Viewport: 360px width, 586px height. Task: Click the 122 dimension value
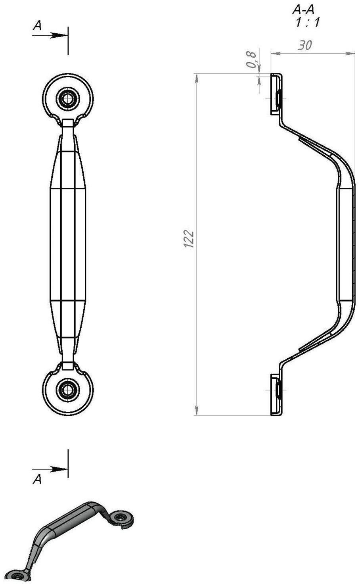pyautogui.click(x=189, y=239)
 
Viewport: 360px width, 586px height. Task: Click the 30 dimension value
pyautogui.click(x=304, y=46)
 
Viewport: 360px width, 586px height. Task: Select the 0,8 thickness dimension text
pyautogui.click(x=251, y=59)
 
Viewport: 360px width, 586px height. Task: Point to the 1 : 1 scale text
pyautogui.click(x=306, y=22)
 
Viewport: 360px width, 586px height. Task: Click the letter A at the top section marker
pyautogui.click(x=37, y=26)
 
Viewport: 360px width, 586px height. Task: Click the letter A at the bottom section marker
pyautogui.click(x=37, y=479)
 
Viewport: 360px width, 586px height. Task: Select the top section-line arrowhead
pyautogui.click(x=60, y=35)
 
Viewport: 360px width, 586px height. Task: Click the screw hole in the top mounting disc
pyautogui.click(x=68, y=98)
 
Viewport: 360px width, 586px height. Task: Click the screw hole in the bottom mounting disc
pyautogui.click(x=68, y=390)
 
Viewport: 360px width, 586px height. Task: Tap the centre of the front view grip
pyautogui.click(x=68, y=244)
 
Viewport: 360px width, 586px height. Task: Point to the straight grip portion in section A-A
pyautogui.click(x=346, y=244)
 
